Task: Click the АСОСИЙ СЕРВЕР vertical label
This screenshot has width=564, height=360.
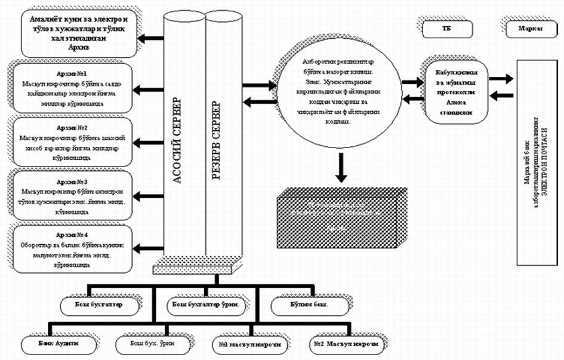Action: (x=177, y=143)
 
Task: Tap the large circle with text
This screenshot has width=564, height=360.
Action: (x=337, y=96)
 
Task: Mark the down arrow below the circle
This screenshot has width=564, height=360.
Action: (x=341, y=168)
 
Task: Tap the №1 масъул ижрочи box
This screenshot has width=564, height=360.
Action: (x=250, y=345)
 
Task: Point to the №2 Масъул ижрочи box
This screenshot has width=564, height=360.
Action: (x=346, y=345)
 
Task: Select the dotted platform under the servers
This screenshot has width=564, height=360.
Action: (x=196, y=270)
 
